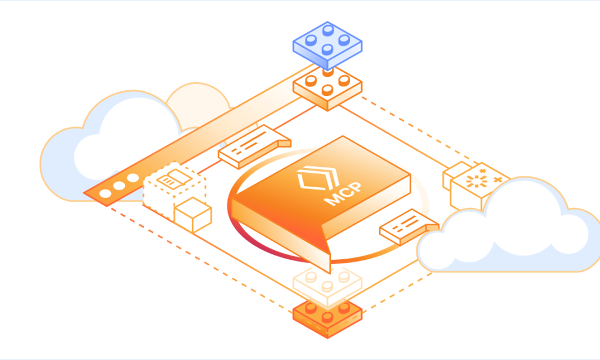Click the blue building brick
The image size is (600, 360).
click(327, 45)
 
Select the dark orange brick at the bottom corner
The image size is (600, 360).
click(327, 318)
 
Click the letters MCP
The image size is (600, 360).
click(343, 194)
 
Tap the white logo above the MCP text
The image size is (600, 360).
click(318, 178)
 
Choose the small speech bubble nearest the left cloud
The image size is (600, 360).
click(254, 146)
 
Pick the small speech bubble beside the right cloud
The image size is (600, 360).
click(409, 226)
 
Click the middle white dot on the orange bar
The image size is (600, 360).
click(119, 186)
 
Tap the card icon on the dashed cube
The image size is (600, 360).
click(174, 179)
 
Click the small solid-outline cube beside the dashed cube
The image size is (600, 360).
click(193, 215)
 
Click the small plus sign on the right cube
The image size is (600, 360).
click(497, 179)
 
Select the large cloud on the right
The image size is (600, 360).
click(509, 226)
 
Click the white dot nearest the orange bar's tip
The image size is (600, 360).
click(105, 194)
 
